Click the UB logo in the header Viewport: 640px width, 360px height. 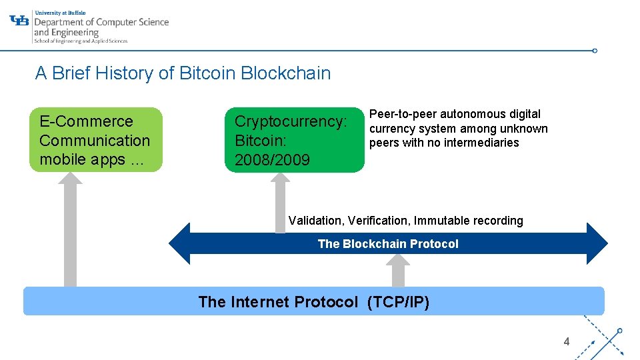[x=20, y=20]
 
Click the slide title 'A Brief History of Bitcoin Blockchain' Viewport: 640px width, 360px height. [x=183, y=73]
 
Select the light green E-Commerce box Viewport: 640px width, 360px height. [x=96, y=140]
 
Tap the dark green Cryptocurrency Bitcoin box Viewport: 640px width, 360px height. [x=294, y=140]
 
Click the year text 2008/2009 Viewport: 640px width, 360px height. [x=272, y=160]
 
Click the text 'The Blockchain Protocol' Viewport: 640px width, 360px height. [x=388, y=244]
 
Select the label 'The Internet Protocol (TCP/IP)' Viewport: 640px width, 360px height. [x=313, y=302]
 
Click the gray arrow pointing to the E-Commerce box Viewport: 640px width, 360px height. [x=70, y=227]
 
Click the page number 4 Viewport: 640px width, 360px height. [x=567, y=342]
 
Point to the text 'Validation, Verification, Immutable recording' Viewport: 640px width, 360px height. [x=405, y=221]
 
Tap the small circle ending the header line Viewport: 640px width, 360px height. [x=595, y=50]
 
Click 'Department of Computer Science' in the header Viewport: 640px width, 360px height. [x=101, y=22]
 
